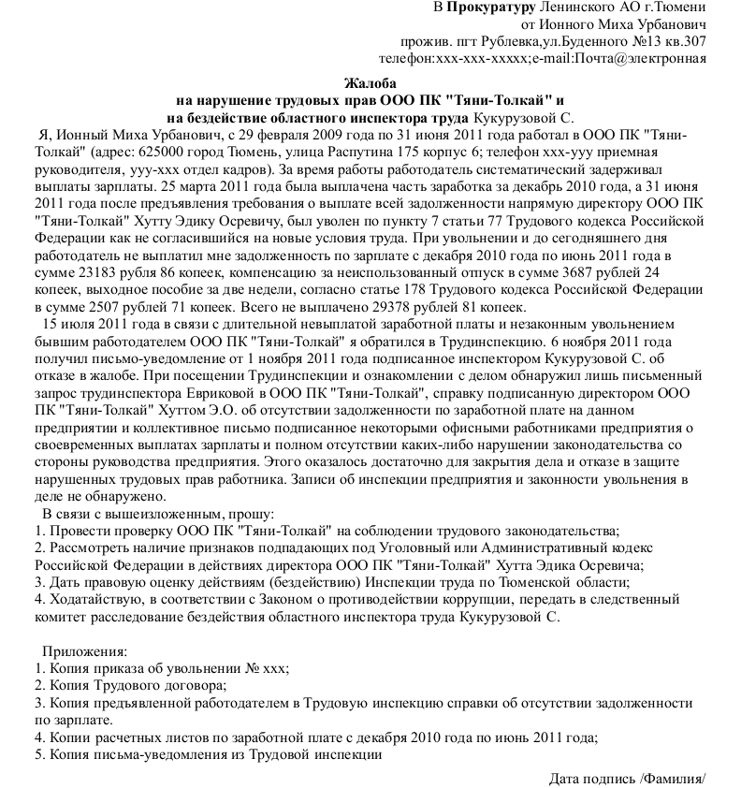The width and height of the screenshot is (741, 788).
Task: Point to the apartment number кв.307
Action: tap(684, 41)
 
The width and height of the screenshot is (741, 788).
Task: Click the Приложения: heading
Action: tap(84, 650)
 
